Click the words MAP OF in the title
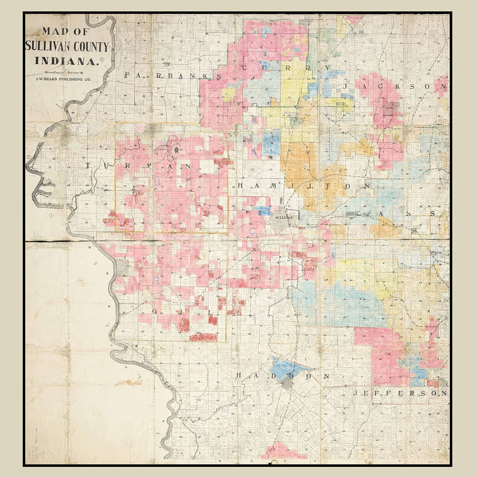click(66, 31)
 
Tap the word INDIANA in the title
click(66, 61)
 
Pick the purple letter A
click(255, 152)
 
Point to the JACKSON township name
click(394, 86)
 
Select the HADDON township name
click(283, 376)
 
